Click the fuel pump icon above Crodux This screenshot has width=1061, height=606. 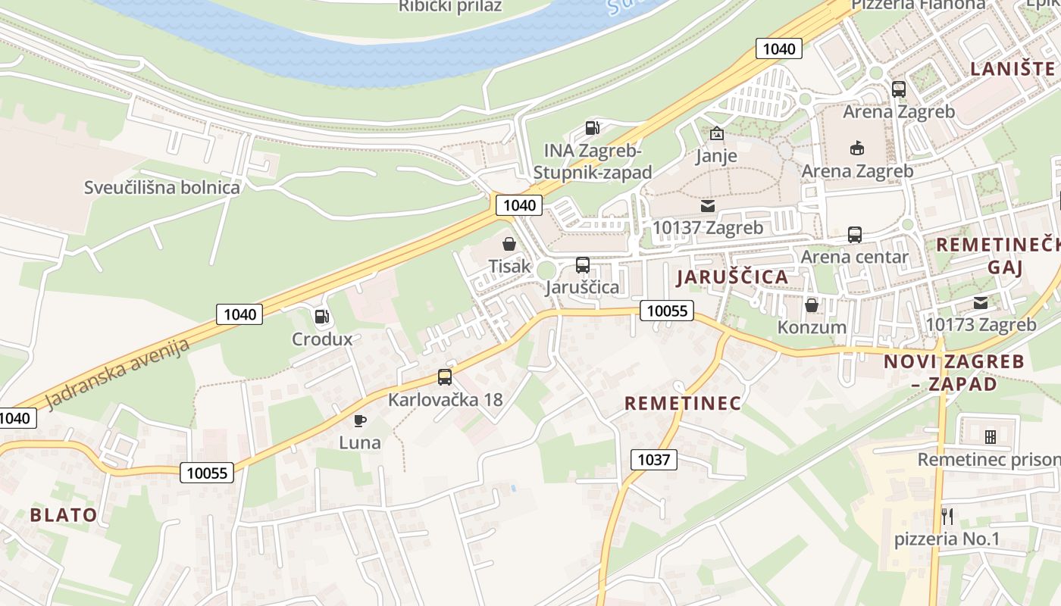click(x=322, y=317)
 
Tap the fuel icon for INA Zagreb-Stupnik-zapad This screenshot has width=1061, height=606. click(x=593, y=129)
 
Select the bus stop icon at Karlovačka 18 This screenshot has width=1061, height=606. click(x=445, y=376)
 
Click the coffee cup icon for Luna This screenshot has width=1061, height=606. click(x=360, y=420)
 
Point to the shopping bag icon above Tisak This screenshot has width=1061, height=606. click(x=509, y=244)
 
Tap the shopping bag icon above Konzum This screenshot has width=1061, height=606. click(x=812, y=305)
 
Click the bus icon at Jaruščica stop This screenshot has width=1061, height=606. click(x=583, y=265)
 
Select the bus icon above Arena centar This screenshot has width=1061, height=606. click(x=855, y=235)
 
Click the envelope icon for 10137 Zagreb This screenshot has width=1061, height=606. click(x=708, y=206)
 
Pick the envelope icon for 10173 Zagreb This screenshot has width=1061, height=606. click(x=981, y=303)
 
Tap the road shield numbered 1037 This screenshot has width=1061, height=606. click(x=653, y=459)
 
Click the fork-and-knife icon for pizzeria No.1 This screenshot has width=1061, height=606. click(x=947, y=517)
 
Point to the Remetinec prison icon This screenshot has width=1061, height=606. click(x=990, y=437)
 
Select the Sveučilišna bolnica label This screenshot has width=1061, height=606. click(x=162, y=188)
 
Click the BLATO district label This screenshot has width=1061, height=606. click(x=64, y=515)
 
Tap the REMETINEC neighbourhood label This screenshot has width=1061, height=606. click(x=683, y=403)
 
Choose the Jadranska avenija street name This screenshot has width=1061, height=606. click(x=117, y=373)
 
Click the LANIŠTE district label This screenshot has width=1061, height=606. click(x=1012, y=69)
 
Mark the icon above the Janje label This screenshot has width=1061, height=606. click(x=716, y=134)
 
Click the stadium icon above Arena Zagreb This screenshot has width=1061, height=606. click(x=857, y=148)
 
